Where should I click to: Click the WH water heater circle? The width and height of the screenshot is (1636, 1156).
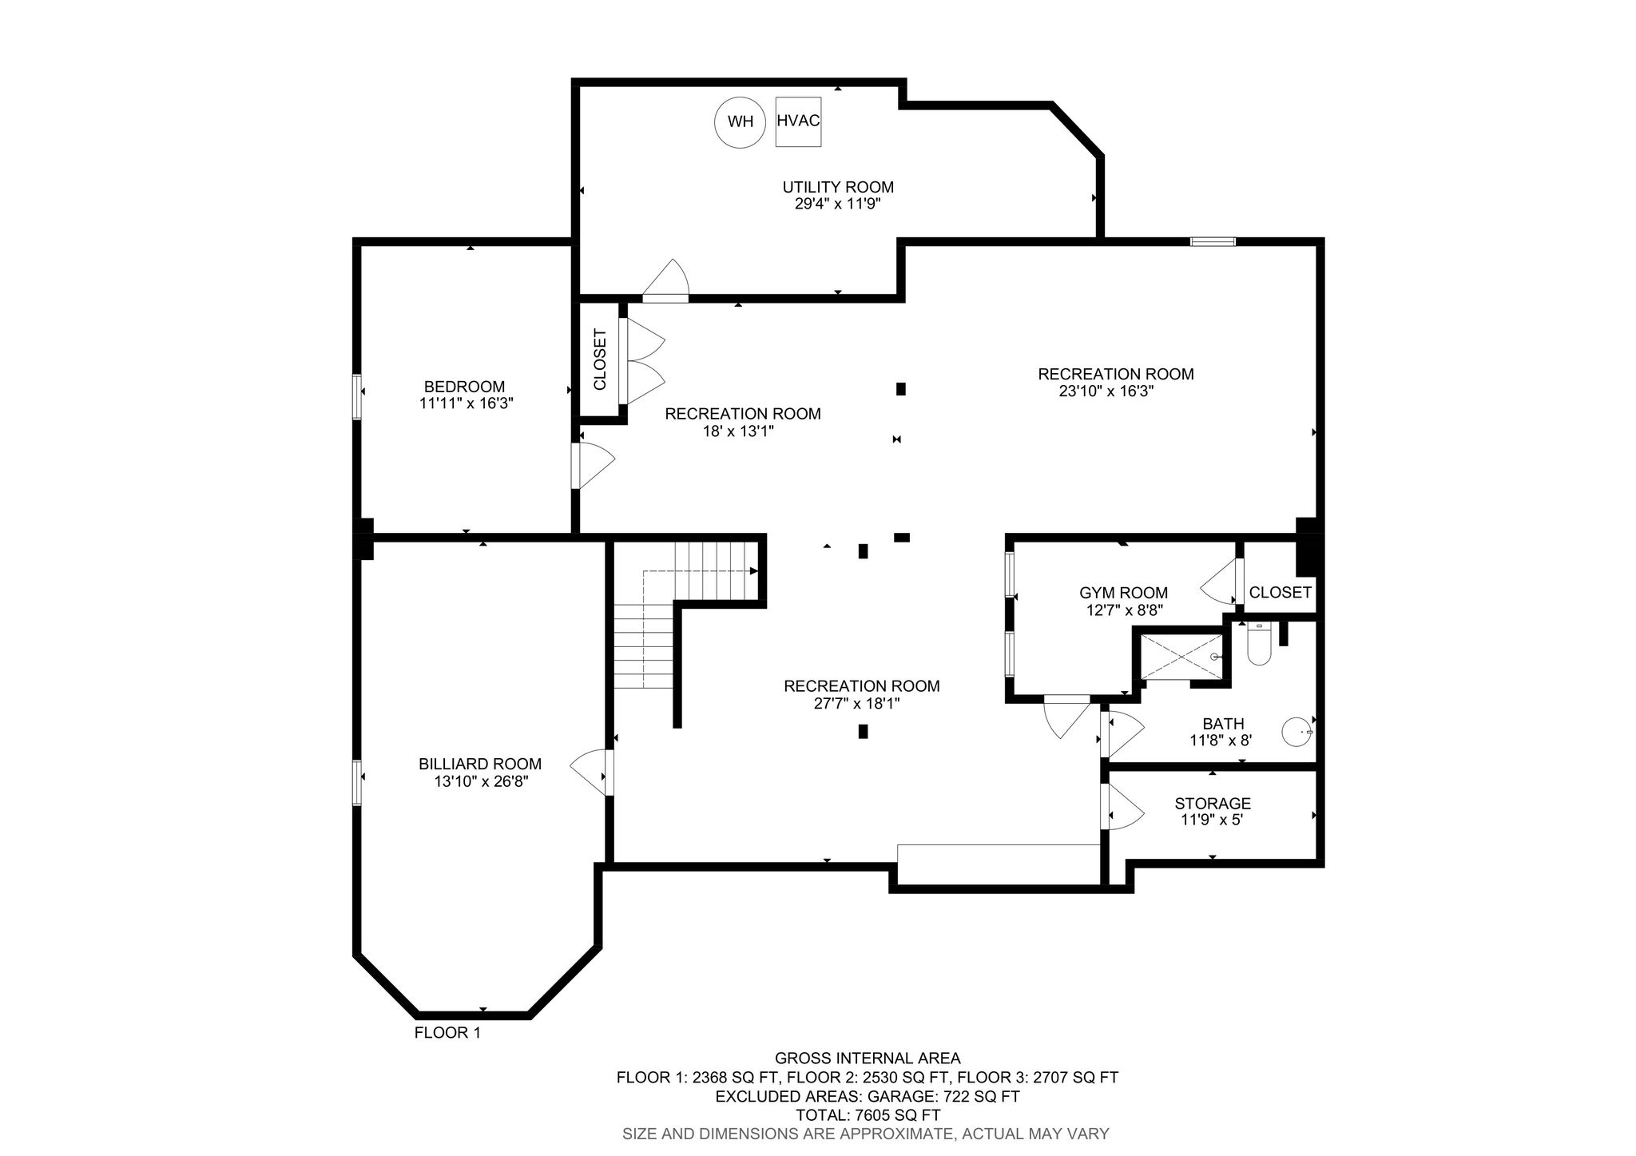[x=741, y=122]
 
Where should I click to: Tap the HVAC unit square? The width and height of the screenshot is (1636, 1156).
[x=798, y=121]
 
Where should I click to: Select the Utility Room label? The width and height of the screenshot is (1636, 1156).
[x=838, y=187]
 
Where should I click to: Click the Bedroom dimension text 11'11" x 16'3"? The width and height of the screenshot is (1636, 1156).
[x=467, y=403]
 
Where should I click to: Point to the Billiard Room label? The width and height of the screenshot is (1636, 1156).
[x=480, y=764]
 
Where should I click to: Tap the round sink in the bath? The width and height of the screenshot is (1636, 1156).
[x=1297, y=731]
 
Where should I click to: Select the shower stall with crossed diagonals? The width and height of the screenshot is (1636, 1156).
[x=1181, y=657]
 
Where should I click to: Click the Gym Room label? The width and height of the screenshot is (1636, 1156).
[x=1123, y=593]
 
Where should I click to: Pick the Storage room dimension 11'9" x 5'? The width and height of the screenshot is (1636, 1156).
[x=1213, y=820]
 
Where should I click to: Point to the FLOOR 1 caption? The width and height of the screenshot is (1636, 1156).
[x=447, y=1033]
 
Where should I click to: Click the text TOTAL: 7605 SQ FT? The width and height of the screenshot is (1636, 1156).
[x=868, y=1115]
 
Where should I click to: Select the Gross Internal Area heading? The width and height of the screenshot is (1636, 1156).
[x=868, y=1059]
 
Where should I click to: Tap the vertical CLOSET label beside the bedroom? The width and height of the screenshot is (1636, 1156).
[x=600, y=360]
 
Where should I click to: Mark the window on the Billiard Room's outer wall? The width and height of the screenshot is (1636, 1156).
[x=357, y=783]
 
